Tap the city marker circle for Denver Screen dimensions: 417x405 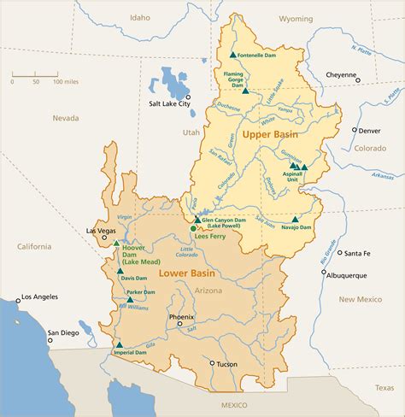pyautogui.click(x=355, y=130)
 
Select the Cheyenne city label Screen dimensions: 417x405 pyautogui.click(x=340, y=74)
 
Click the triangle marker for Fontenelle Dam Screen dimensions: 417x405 pyautogui.click(x=232, y=55)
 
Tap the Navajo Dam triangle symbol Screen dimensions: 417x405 pyautogui.click(x=295, y=219)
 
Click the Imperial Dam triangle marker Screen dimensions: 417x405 pyautogui.click(x=118, y=344)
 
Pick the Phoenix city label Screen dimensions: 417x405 pyautogui.click(x=181, y=316)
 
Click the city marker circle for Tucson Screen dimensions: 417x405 pyautogui.click(x=213, y=363)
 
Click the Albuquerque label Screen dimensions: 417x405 pyautogui.click(x=348, y=275)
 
